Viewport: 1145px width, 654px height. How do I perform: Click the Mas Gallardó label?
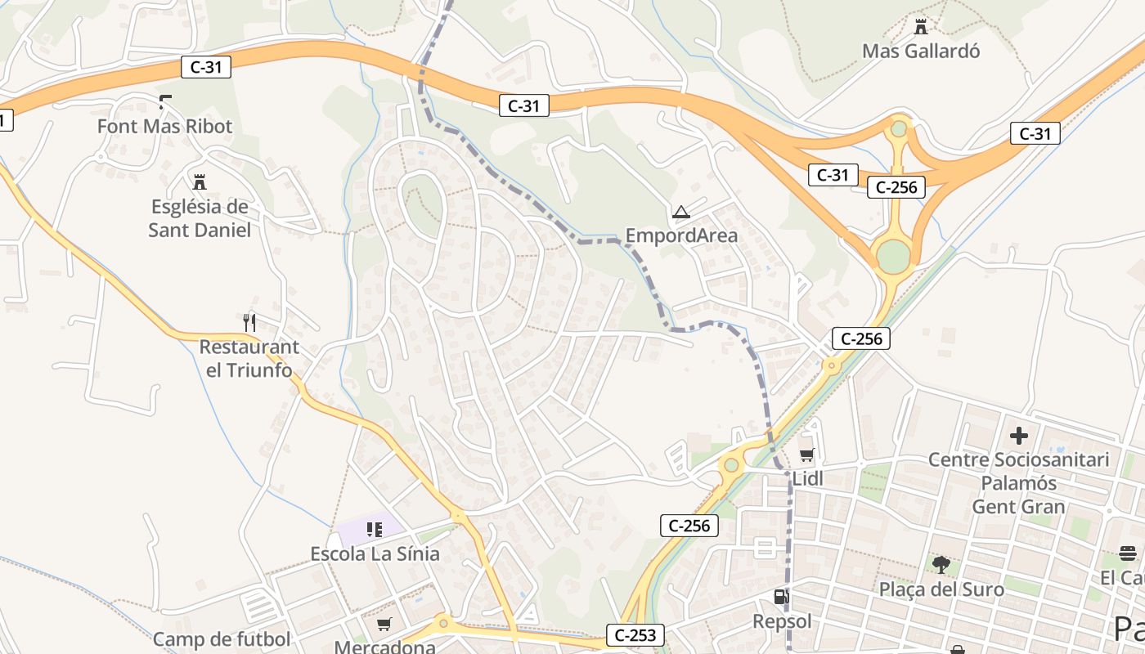coord(921,51)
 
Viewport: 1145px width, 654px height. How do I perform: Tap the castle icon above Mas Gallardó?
coord(921,27)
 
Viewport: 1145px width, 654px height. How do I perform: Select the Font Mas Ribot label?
coord(164,127)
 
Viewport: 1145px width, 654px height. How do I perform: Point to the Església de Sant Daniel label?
coord(200,218)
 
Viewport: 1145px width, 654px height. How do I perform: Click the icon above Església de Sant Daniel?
coord(199,181)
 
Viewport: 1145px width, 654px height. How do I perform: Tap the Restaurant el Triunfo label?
coord(249,358)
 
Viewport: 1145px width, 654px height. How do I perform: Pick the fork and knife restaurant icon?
coord(249,323)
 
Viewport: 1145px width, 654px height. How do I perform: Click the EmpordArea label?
coord(681,236)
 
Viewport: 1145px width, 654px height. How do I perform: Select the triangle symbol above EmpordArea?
coord(680,213)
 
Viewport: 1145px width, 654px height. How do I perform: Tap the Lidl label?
coord(807,479)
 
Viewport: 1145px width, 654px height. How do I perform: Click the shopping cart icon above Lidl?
coord(807,455)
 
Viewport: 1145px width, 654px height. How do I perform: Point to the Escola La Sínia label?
coord(375,553)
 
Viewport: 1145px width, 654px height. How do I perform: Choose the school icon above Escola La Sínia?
coord(375,530)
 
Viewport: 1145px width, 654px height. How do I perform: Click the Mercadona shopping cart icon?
coord(384,625)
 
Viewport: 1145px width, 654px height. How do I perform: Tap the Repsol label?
coord(783,622)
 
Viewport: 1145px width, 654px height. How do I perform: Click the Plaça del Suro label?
coord(941,589)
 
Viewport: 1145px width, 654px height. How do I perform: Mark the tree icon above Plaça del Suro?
coord(941,564)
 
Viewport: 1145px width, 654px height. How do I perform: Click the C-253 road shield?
coord(635,634)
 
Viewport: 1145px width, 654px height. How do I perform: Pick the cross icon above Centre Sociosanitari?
coord(1018,436)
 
